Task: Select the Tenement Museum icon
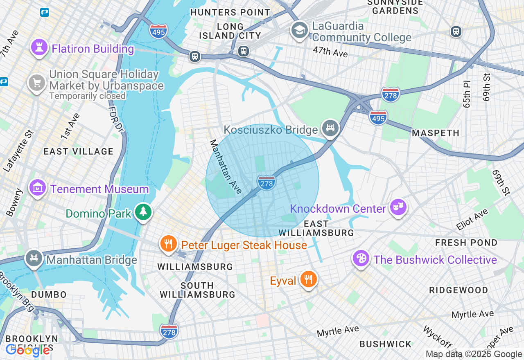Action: point(38,188)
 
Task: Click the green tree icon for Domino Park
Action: point(143,212)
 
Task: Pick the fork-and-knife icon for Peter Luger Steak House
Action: point(168,244)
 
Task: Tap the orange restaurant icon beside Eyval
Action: point(308,279)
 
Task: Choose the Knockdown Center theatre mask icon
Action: point(398,207)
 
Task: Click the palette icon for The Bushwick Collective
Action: point(361,258)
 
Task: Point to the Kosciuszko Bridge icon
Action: point(330,128)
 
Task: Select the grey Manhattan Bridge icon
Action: point(34,259)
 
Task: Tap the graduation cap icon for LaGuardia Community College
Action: point(300,30)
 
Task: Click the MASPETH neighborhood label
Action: point(436,133)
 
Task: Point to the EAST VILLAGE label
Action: point(79,151)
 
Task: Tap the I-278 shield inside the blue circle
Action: point(266,182)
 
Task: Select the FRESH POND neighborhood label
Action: point(466,243)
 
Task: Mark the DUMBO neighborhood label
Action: point(49,295)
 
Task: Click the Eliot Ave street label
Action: point(472,219)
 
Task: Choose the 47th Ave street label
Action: point(330,52)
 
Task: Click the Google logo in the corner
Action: point(28,350)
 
